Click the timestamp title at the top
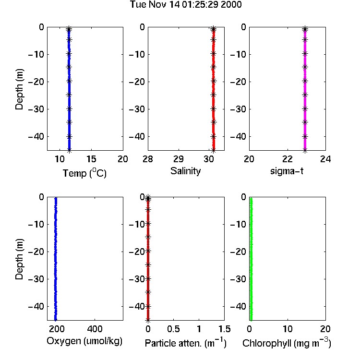186,4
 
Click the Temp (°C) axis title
84,173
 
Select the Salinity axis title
185,171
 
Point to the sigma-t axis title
287,171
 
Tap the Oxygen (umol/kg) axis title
84,341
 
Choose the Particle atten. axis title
186,343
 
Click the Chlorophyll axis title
287,343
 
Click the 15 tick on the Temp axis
91,159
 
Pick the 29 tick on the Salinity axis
179,159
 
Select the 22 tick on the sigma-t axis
288,159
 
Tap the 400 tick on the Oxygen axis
95,329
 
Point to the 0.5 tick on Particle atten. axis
173,329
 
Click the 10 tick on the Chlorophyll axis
288,329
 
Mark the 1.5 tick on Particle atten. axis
225,329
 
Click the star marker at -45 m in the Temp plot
69,151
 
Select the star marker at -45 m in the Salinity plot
213,151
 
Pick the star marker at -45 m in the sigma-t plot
305,151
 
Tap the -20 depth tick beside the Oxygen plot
36,252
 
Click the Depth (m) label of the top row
19,89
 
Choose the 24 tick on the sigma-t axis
325,159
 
